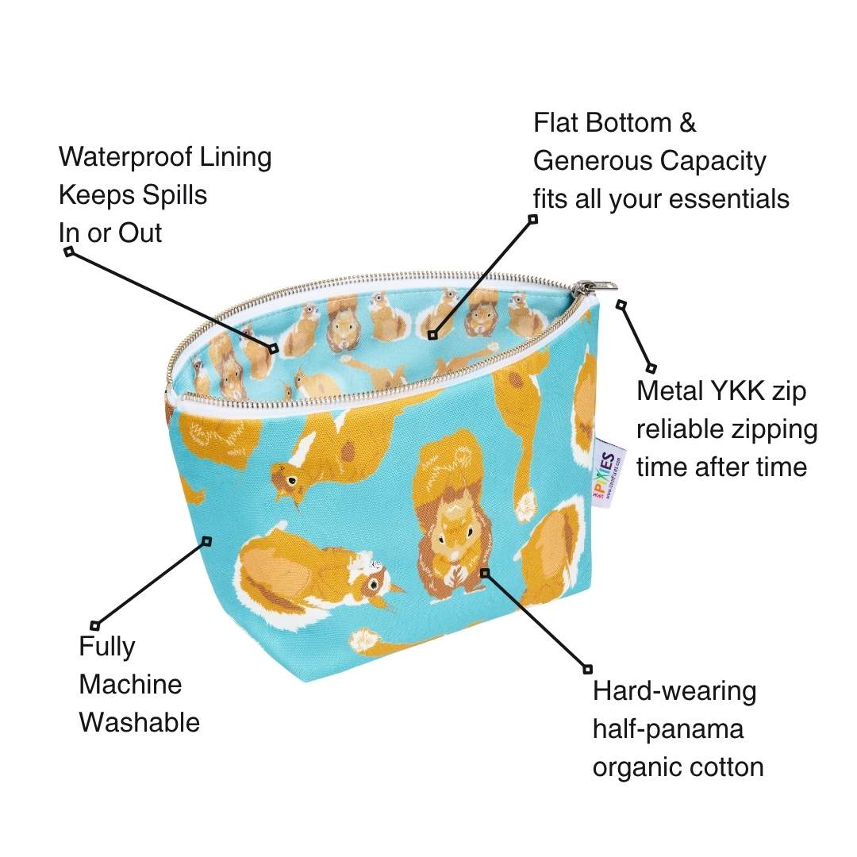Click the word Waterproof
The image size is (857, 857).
click(x=125, y=157)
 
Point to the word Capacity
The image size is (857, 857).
click(x=713, y=162)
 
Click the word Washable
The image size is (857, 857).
click(x=140, y=722)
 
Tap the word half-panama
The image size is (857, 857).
click(x=668, y=729)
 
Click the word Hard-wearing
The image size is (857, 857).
click(x=674, y=691)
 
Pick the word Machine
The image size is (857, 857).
click(x=130, y=684)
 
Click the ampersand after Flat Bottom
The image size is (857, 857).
click(x=687, y=123)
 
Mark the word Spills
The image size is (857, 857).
click(x=175, y=195)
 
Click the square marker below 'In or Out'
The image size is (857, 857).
click(x=69, y=252)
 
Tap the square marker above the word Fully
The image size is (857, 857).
click(x=95, y=625)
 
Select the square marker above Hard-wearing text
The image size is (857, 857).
click(x=587, y=669)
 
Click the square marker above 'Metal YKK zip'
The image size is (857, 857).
click(x=651, y=368)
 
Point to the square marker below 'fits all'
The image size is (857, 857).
click(x=533, y=219)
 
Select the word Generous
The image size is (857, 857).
click(x=593, y=160)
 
